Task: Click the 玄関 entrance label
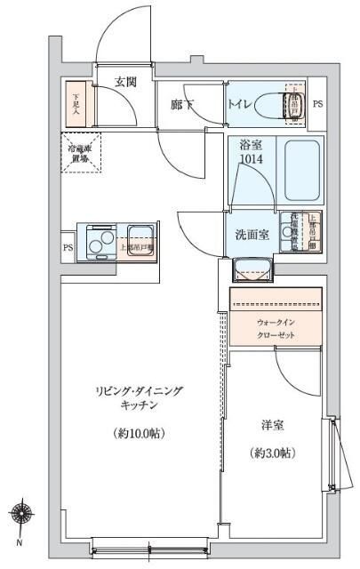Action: pos(125,83)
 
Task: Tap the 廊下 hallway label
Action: pos(182,105)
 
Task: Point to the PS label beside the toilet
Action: pos(317,104)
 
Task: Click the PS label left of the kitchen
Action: pos(68,248)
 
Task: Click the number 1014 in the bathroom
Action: pos(250,159)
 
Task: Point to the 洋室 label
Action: pos(272,425)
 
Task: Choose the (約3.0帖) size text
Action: pos(271,453)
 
